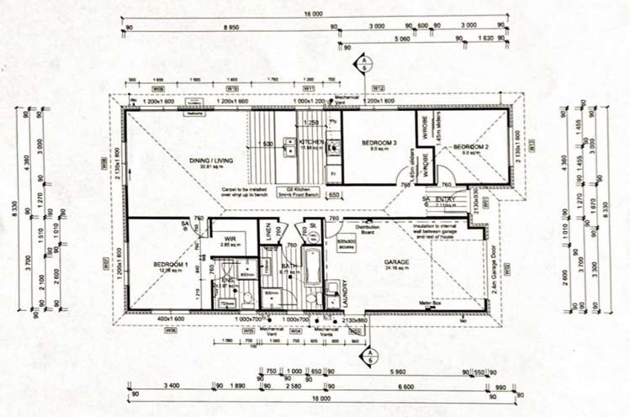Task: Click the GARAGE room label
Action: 397,262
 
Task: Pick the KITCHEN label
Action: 311,143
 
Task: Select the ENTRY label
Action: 445,198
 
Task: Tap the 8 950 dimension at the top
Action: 230,27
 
